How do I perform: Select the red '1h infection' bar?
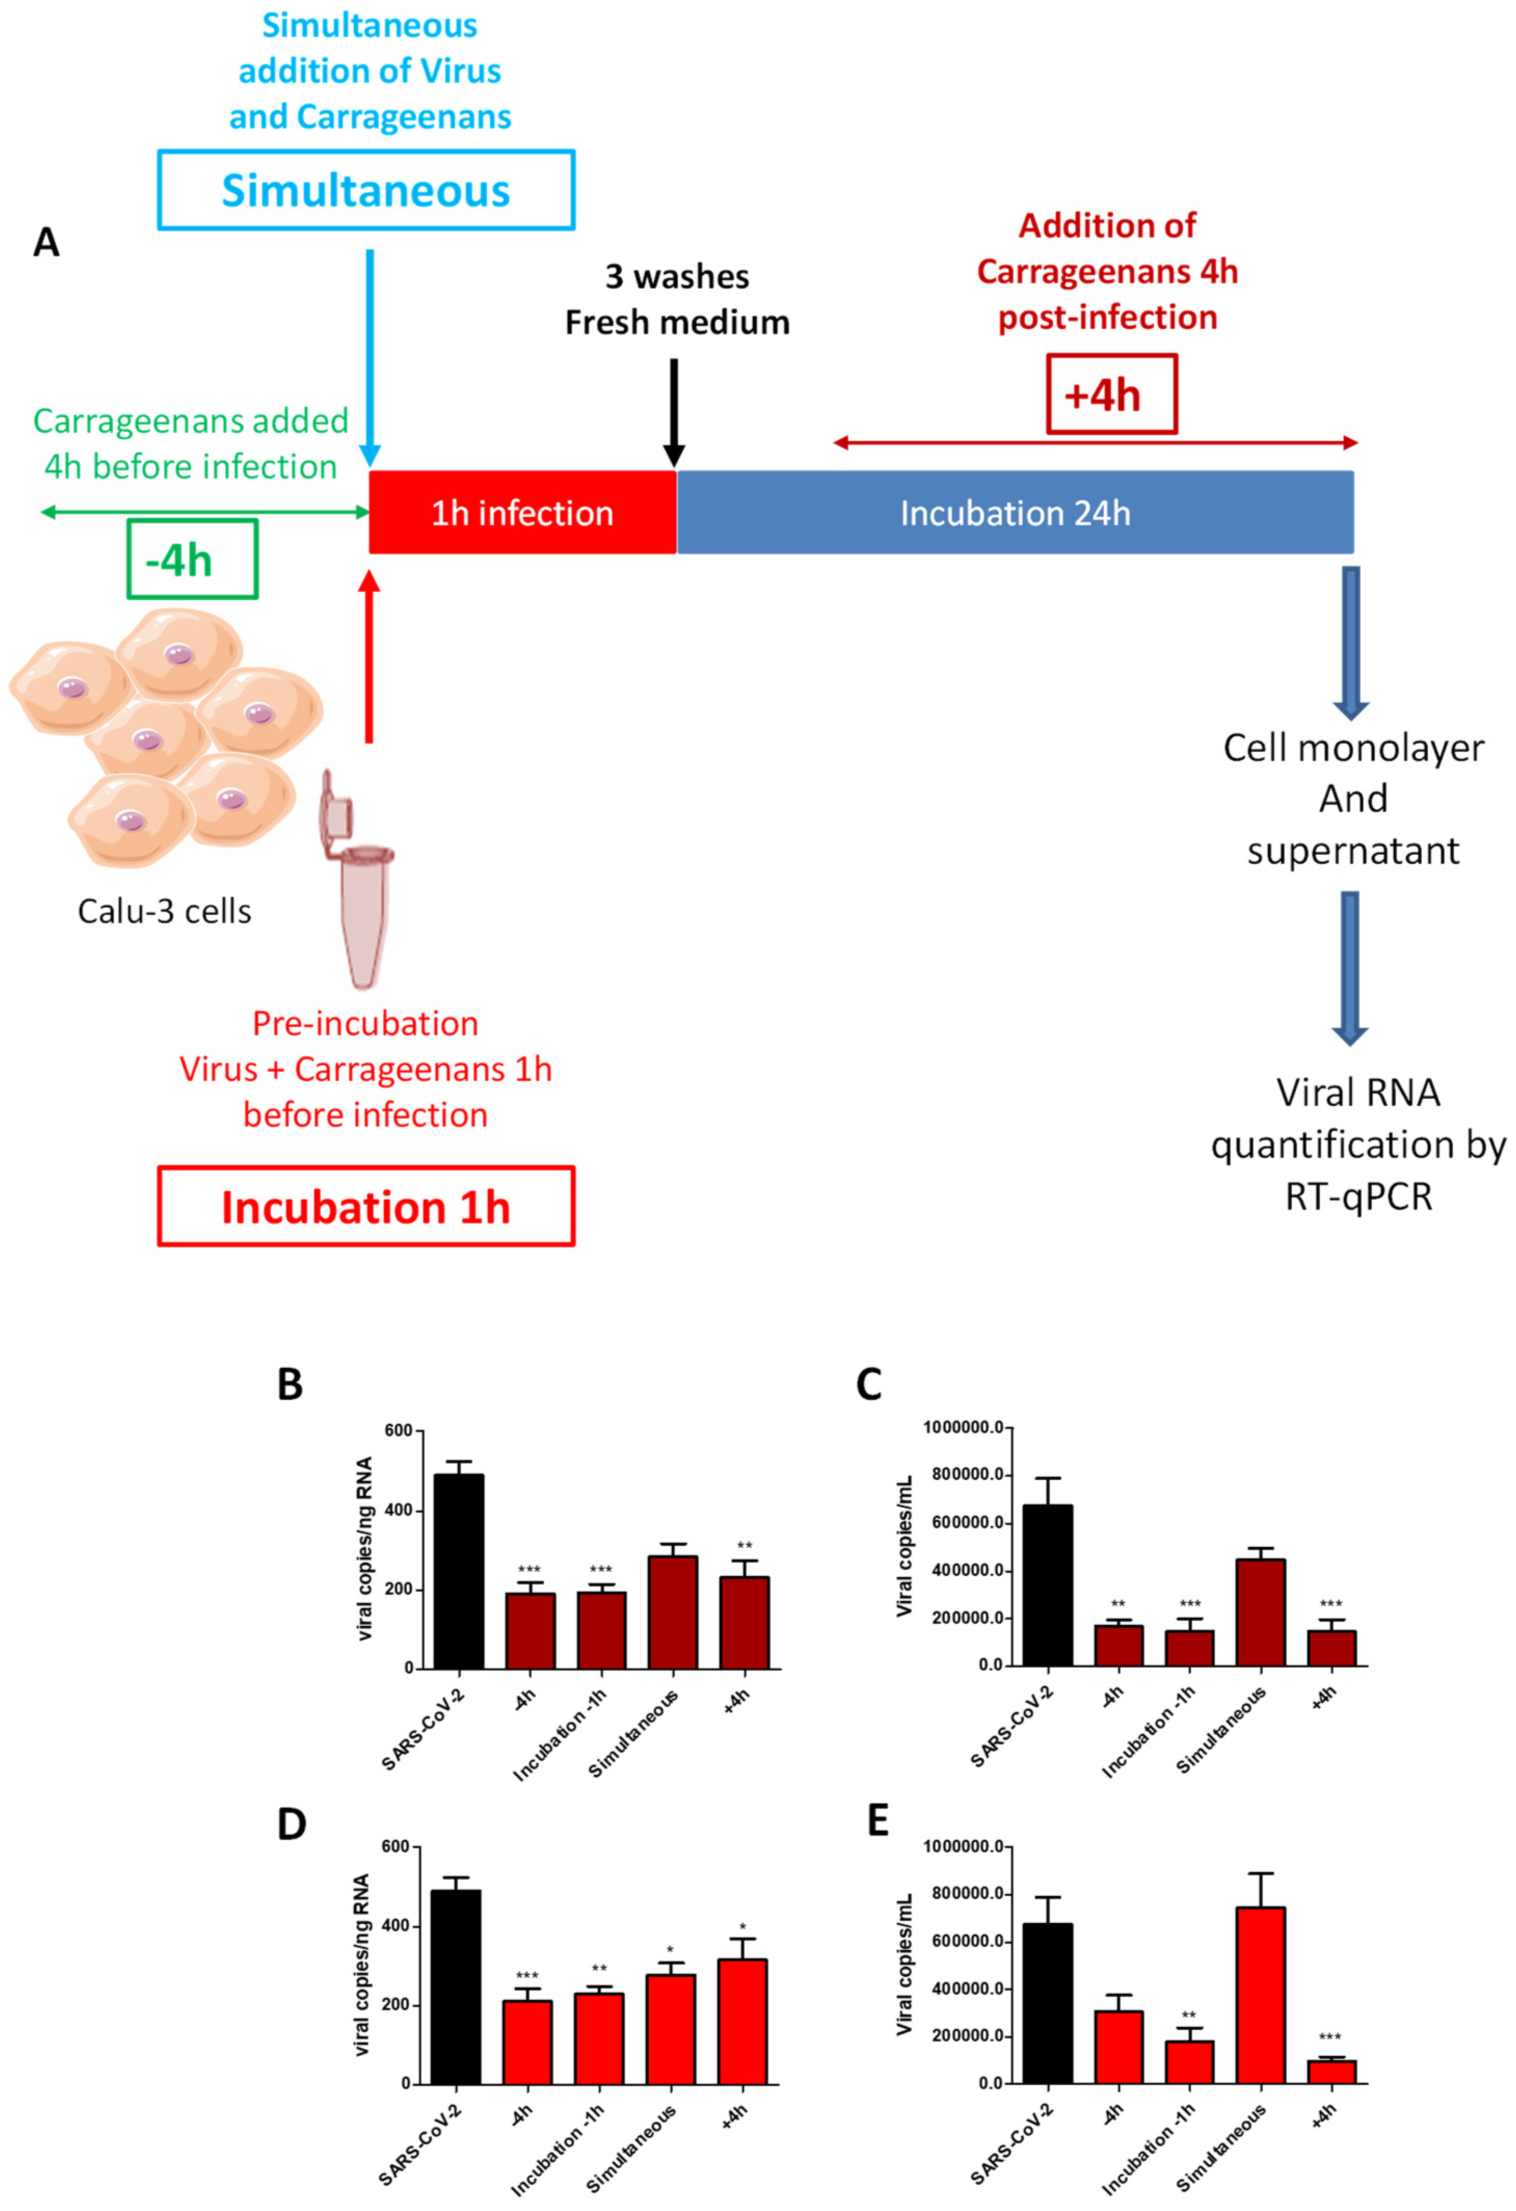(x=522, y=513)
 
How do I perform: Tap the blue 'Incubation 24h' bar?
(x=1015, y=513)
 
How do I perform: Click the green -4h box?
(x=192, y=559)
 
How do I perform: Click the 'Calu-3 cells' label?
(x=165, y=912)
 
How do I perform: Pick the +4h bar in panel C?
(x=1332, y=1648)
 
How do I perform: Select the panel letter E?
(x=878, y=1820)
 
